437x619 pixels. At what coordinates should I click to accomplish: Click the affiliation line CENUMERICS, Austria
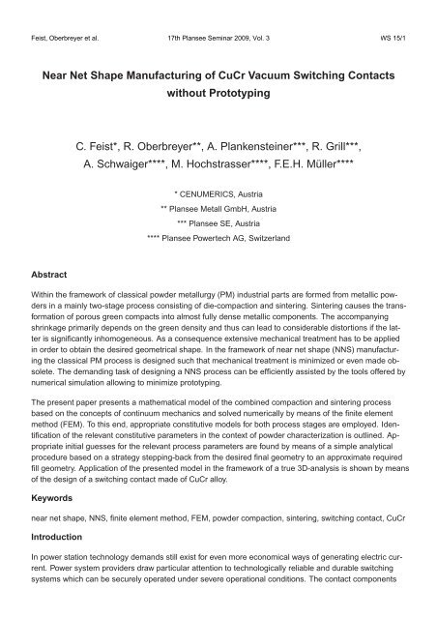(x=220, y=208)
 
